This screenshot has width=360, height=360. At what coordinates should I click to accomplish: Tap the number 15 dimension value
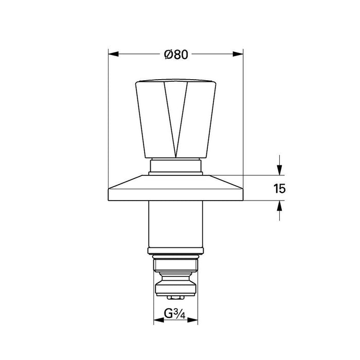coord(279,188)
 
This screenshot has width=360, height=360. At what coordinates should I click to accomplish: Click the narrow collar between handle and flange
coord(175,166)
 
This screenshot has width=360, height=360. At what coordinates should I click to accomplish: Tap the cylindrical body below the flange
coord(175,224)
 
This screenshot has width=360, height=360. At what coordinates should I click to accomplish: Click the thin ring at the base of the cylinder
coord(175,250)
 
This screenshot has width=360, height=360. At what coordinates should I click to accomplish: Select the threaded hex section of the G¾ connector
coord(175,263)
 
